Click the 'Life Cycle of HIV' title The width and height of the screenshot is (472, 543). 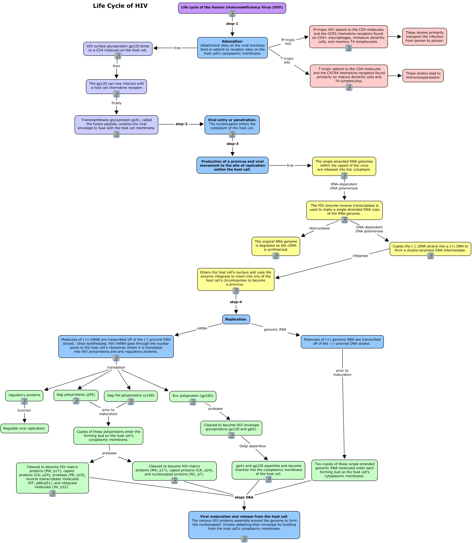coord(120,6)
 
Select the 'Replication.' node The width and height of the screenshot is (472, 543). coord(236,319)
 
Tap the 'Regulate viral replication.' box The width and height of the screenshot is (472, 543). coord(24,428)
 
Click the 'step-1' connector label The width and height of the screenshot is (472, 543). coord(232,23)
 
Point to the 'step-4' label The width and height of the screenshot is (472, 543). coord(235,302)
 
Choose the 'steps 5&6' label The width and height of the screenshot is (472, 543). coord(244,497)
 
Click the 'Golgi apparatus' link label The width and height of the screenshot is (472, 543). coord(252,446)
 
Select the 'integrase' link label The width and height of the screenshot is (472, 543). coord(360,256)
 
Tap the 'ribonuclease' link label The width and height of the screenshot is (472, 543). coord(319,228)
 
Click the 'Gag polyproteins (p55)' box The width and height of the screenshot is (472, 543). coord(76,395)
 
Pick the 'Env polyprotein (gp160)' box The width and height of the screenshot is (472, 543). coord(193,396)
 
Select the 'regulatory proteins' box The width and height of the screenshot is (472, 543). coord(24,395)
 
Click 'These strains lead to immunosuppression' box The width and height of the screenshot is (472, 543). coord(423,75)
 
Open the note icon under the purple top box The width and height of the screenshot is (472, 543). coord(232,14)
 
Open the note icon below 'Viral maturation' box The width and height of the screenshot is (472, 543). coord(244,539)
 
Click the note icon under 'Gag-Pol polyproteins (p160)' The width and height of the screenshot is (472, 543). coord(131,402)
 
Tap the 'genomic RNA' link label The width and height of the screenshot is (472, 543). coord(275,329)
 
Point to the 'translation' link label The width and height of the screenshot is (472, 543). coord(116,367)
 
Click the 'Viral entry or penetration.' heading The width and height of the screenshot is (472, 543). coord(232,120)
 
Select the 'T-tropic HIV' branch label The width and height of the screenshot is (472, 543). coord(287,61)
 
